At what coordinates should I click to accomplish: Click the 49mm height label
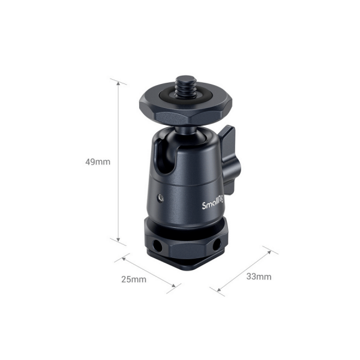[98, 162]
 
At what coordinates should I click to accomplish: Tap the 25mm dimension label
[134, 280]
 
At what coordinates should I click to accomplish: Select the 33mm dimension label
[259, 277]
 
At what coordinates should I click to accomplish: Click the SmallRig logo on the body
[212, 204]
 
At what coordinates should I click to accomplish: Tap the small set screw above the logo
[160, 197]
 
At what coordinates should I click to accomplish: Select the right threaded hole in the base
[216, 244]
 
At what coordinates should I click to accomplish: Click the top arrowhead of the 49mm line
[118, 83]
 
